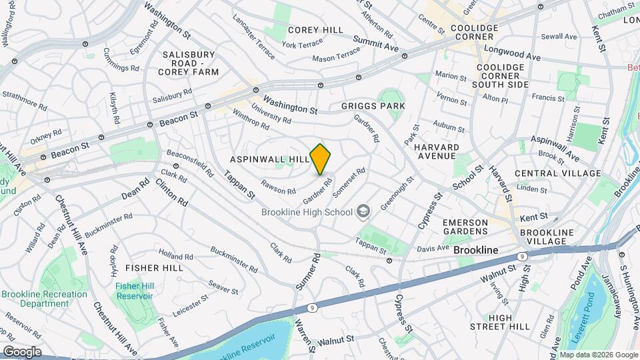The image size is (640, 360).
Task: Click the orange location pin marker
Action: click(x=321, y=159)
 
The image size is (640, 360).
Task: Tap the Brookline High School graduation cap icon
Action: click(x=363, y=213)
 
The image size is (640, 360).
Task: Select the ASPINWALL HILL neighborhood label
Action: click(x=269, y=160)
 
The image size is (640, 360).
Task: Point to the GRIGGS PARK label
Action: click(x=373, y=106)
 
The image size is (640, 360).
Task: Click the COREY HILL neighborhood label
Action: click(x=315, y=30)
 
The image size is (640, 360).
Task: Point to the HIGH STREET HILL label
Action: click(x=509, y=322)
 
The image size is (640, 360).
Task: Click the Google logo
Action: click(x=21, y=352)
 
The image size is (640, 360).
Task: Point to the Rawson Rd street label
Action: click(x=278, y=187)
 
